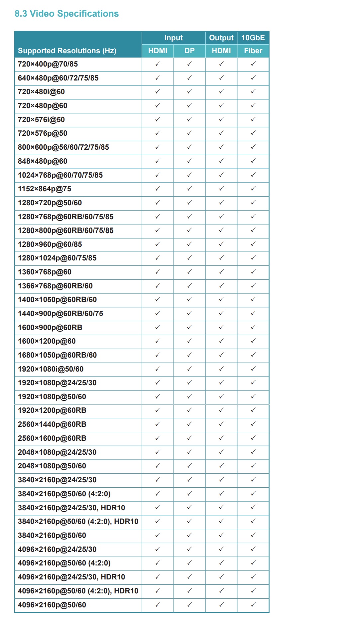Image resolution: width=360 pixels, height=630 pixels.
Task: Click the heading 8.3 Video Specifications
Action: point(66,14)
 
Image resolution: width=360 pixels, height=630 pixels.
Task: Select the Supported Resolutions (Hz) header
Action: point(67,51)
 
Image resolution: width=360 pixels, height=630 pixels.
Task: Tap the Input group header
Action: point(174,38)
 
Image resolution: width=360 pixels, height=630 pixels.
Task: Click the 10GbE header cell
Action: point(253,38)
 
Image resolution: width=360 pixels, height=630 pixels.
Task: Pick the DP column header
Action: point(189,51)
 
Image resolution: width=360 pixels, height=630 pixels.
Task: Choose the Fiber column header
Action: point(253,51)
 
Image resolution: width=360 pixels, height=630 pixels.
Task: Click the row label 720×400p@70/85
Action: point(48,64)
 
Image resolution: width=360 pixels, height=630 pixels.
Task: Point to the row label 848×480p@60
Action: point(43,161)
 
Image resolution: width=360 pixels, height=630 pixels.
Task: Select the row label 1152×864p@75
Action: point(45,189)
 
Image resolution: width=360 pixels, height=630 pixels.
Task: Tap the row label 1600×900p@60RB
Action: point(50,328)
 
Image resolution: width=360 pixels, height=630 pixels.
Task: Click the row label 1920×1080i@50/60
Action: point(51,369)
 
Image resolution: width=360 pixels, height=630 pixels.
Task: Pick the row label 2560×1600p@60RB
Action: point(52,438)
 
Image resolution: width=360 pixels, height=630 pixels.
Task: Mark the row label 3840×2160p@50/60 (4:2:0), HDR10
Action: point(78,522)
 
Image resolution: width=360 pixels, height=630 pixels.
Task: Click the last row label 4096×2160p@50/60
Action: point(52,605)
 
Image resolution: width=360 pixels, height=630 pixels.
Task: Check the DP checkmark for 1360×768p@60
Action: point(189,272)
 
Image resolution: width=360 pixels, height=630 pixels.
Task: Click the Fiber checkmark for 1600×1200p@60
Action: point(253,341)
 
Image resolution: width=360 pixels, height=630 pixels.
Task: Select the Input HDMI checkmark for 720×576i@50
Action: point(158,119)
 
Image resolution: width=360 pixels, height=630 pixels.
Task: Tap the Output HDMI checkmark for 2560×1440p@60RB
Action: point(221,424)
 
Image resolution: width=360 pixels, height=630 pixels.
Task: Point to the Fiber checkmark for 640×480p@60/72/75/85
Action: point(253,78)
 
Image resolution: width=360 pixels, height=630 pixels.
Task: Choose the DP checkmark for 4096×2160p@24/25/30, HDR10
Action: point(189,577)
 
